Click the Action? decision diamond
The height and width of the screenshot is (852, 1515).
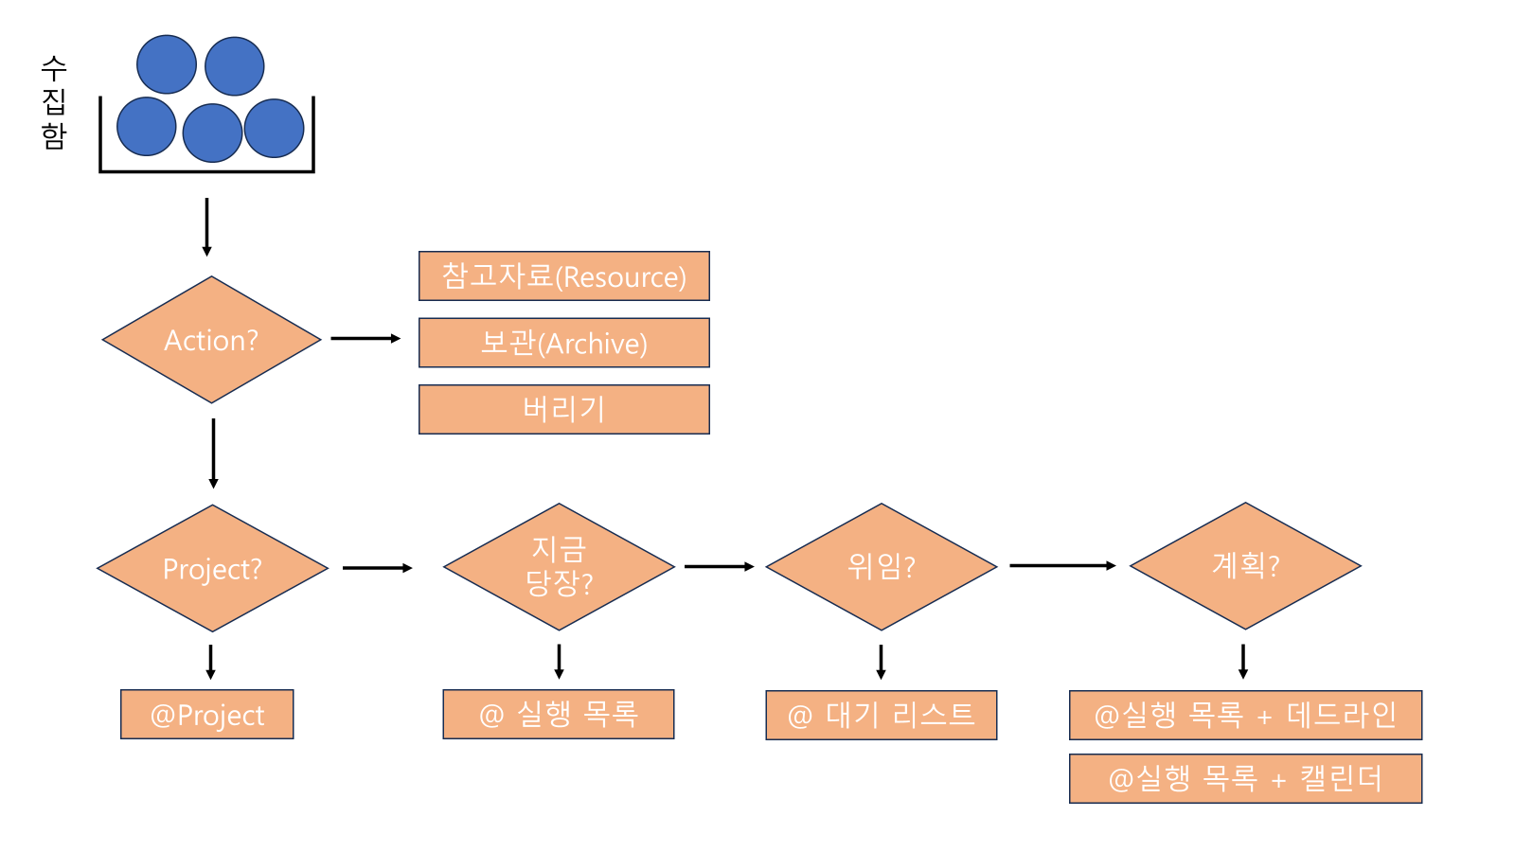tap(211, 340)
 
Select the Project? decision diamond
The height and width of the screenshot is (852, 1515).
tap(212, 568)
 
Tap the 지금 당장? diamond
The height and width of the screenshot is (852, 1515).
tap(559, 566)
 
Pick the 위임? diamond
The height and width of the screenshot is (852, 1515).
tap(881, 566)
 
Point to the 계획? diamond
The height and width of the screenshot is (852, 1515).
tap(1245, 566)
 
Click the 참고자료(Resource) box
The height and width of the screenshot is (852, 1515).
tap(563, 276)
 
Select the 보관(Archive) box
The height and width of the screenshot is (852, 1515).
tap(563, 343)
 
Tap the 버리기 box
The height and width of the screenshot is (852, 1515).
tap(563, 409)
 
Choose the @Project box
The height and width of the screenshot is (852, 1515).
tap(206, 715)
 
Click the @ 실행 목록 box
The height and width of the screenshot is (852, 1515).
tap(559, 715)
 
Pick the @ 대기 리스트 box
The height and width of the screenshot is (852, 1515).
tap(881, 715)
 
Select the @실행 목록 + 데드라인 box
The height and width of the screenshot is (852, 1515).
tap(1245, 715)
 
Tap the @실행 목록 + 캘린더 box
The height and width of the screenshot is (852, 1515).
tap(1245, 778)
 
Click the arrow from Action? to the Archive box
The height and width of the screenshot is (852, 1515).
tap(365, 338)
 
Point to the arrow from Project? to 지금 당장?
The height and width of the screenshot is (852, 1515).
tap(377, 568)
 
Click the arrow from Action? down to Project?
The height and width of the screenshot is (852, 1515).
tap(213, 453)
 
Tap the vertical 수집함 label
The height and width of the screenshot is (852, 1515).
tap(54, 102)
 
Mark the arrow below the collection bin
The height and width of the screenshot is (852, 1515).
tap(206, 226)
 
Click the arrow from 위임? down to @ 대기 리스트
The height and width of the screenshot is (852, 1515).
tap(881, 661)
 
